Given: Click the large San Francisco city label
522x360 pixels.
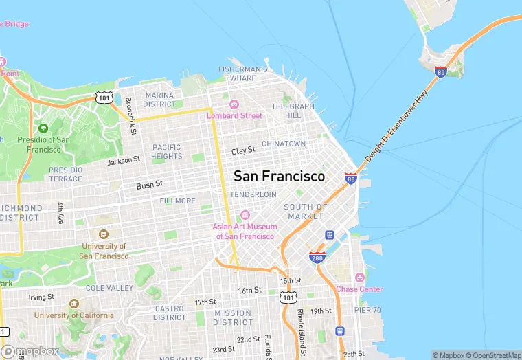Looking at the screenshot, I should pyautogui.click(x=279, y=176).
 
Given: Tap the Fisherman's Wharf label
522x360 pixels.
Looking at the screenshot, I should pyautogui.click(x=242, y=74).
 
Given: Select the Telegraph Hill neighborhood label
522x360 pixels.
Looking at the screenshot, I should pyautogui.click(x=293, y=111).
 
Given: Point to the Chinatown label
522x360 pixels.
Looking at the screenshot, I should pyautogui.click(x=284, y=144).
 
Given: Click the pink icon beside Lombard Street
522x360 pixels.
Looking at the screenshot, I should pyautogui.click(x=234, y=104).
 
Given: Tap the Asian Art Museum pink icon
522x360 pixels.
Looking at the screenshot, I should pyautogui.click(x=245, y=215).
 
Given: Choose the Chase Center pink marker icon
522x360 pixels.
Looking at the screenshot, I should pyautogui.click(x=359, y=278).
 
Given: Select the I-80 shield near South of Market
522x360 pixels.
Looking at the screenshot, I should pyautogui.click(x=351, y=179).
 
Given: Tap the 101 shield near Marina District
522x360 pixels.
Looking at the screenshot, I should pyautogui.click(x=104, y=98).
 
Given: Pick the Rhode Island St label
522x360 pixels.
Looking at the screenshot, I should pyautogui.click(x=300, y=322).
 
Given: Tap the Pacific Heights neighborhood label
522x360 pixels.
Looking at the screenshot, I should pyautogui.click(x=167, y=152).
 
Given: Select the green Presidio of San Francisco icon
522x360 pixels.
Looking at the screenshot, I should pyautogui.click(x=43, y=128).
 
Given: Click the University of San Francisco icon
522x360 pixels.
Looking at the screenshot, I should pyautogui.click(x=104, y=234).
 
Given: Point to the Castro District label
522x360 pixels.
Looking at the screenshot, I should pyautogui.click(x=169, y=313).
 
